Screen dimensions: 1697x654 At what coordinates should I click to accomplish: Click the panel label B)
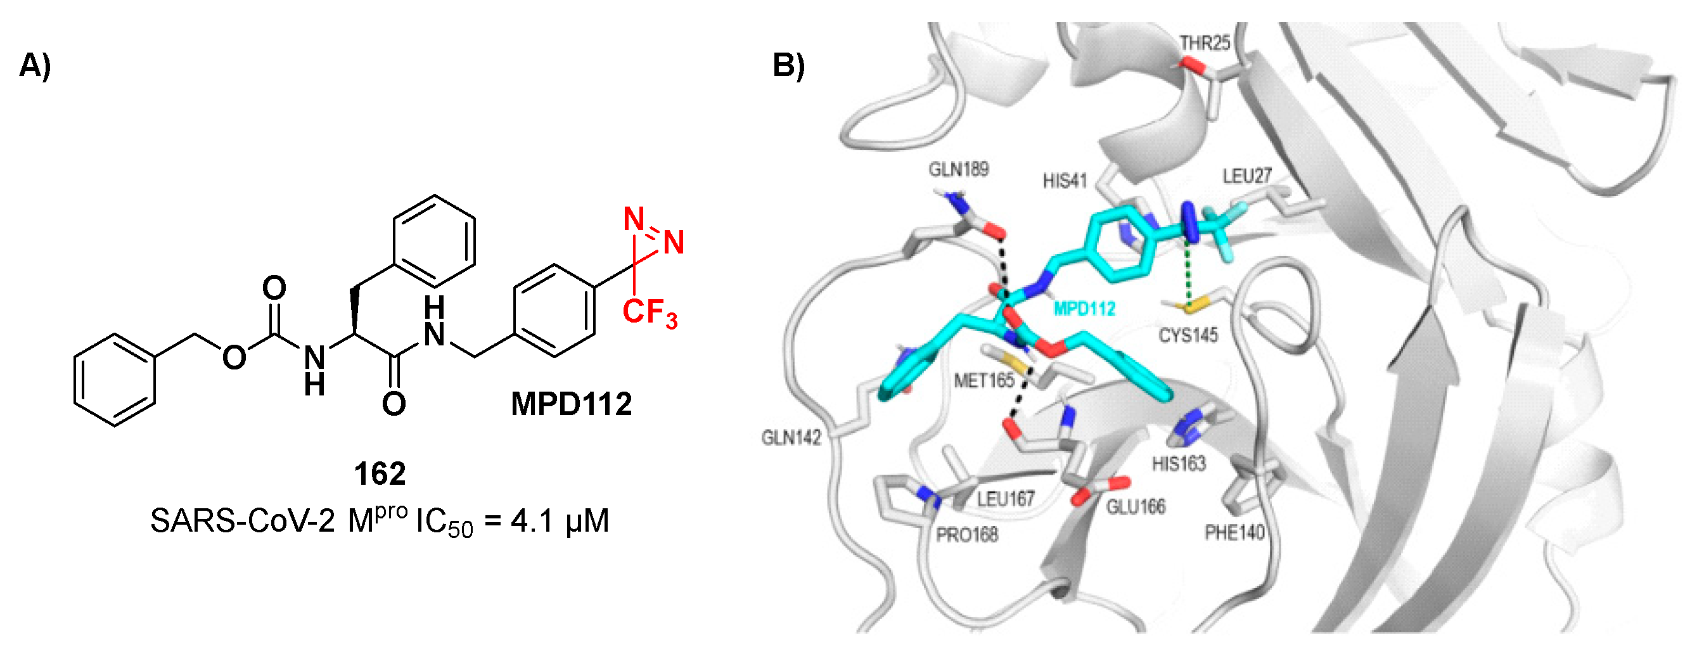pyautogui.click(x=788, y=66)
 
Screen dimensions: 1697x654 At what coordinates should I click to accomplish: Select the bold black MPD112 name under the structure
pyautogui.click(x=571, y=404)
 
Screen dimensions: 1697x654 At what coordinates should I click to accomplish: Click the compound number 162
pyautogui.click(x=380, y=473)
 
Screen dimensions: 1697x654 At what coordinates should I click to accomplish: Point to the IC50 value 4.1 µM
pyautogui.click(x=560, y=521)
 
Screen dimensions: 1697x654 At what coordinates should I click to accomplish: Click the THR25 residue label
pyautogui.click(x=1205, y=44)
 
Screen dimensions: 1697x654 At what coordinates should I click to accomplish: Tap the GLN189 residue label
pyautogui.click(x=959, y=169)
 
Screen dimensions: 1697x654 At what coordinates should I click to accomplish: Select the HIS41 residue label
pyautogui.click(x=1065, y=181)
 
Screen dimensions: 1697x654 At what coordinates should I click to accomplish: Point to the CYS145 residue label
pyautogui.click(x=1188, y=335)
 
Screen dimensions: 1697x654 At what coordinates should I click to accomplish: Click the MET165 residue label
pyautogui.click(x=984, y=380)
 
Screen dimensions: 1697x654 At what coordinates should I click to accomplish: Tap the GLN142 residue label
pyautogui.click(x=791, y=437)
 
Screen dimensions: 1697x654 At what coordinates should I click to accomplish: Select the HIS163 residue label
pyautogui.click(x=1179, y=464)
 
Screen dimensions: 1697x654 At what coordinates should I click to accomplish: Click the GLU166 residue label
pyautogui.click(x=1136, y=506)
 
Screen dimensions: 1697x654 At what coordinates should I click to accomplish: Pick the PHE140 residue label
pyautogui.click(x=1234, y=532)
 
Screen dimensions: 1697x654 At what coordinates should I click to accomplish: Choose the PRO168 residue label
pyautogui.click(x=967, y=534)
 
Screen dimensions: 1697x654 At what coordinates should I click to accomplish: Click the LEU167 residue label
pyautogui.click(x=1005, y=499)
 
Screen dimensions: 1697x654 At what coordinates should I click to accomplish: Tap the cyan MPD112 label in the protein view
pyautogui.click(x=1084, y=308)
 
